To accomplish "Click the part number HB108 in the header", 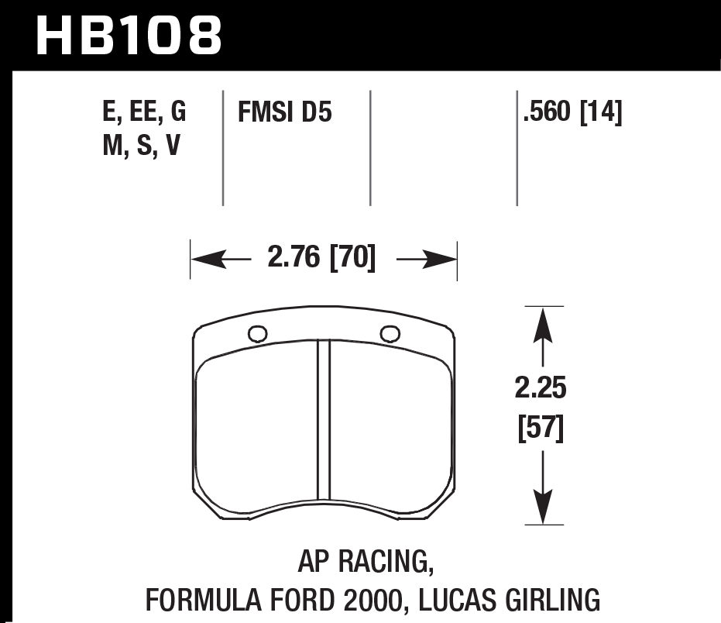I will [x=129, y=35].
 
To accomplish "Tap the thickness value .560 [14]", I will [x=572, y=114].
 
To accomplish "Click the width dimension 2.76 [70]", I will [x=321, y=258].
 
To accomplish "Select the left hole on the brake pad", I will [x=257, y=334].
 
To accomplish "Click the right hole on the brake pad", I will [x=390, y=333].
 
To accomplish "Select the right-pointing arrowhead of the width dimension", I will [x=445, y=260].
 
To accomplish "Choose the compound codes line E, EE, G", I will [x=144, y=113].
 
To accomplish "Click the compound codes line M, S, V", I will [x=141, y=146].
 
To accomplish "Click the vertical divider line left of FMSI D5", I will [x=223, y=147].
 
